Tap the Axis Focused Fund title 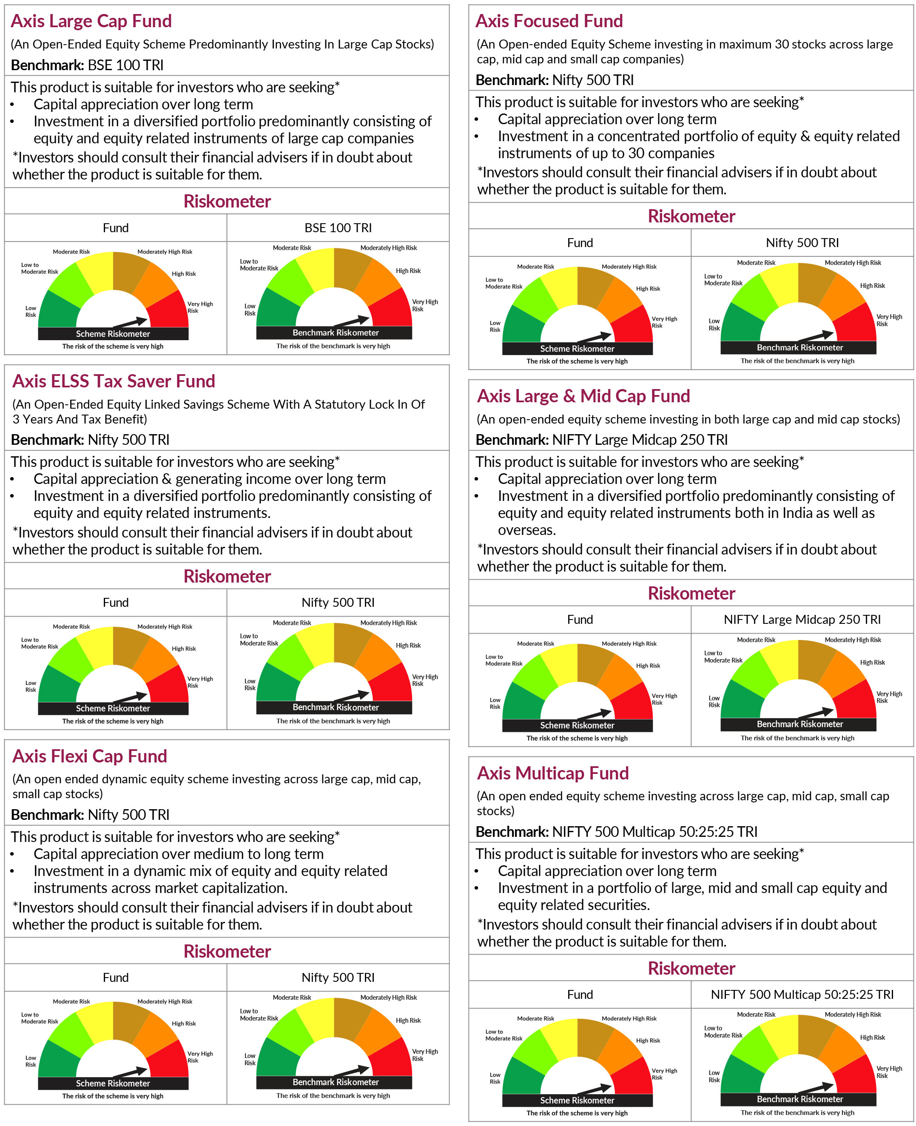click(549, 21)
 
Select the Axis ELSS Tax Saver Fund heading click(114, 381)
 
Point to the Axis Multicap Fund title click(552, 773)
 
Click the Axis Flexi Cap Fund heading click(90, 756)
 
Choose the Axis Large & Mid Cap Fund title click(583, 396)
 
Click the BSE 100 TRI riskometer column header click(338, 228)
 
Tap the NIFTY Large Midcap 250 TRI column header click(802, 620)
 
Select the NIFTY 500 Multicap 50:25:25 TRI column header click(802, 995)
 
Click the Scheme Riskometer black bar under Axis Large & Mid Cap click(577, 725)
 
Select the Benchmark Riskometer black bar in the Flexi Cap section click(336, 1082)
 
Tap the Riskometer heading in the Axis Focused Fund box click(691, 216)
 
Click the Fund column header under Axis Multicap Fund click(580, 995)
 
